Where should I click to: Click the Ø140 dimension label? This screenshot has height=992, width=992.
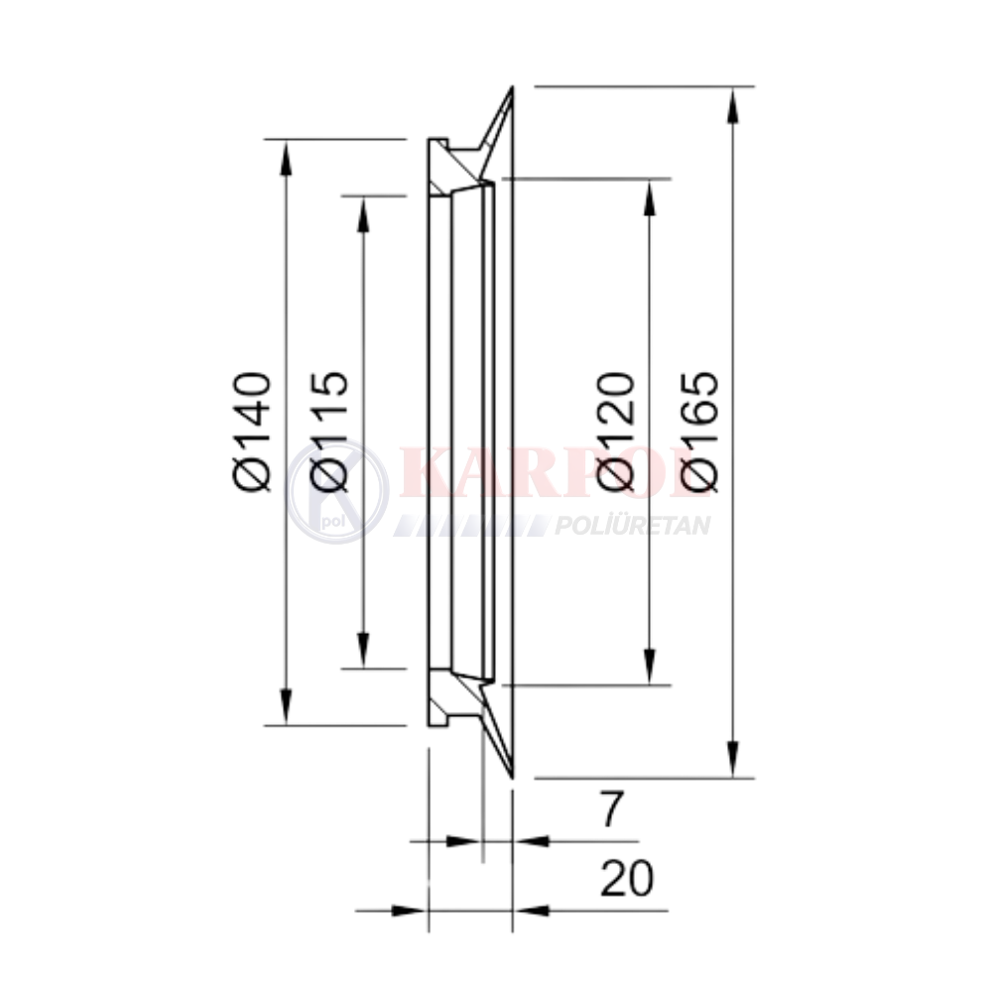(252, 432)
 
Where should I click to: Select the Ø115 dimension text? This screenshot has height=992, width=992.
(328, 432)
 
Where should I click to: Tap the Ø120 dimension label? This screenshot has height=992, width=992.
(615, 432)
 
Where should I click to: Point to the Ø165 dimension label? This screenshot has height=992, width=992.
(699, 432)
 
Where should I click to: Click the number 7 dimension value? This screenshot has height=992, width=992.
(612, 808)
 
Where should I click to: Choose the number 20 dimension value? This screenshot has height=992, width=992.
(626, 879)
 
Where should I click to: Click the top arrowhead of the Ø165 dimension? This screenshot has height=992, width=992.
(733, 105)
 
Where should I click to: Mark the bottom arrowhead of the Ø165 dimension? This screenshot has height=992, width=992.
(733, 759)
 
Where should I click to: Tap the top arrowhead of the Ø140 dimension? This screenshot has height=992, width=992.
(286, 158)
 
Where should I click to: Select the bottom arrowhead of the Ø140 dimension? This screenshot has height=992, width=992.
(286, 706)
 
